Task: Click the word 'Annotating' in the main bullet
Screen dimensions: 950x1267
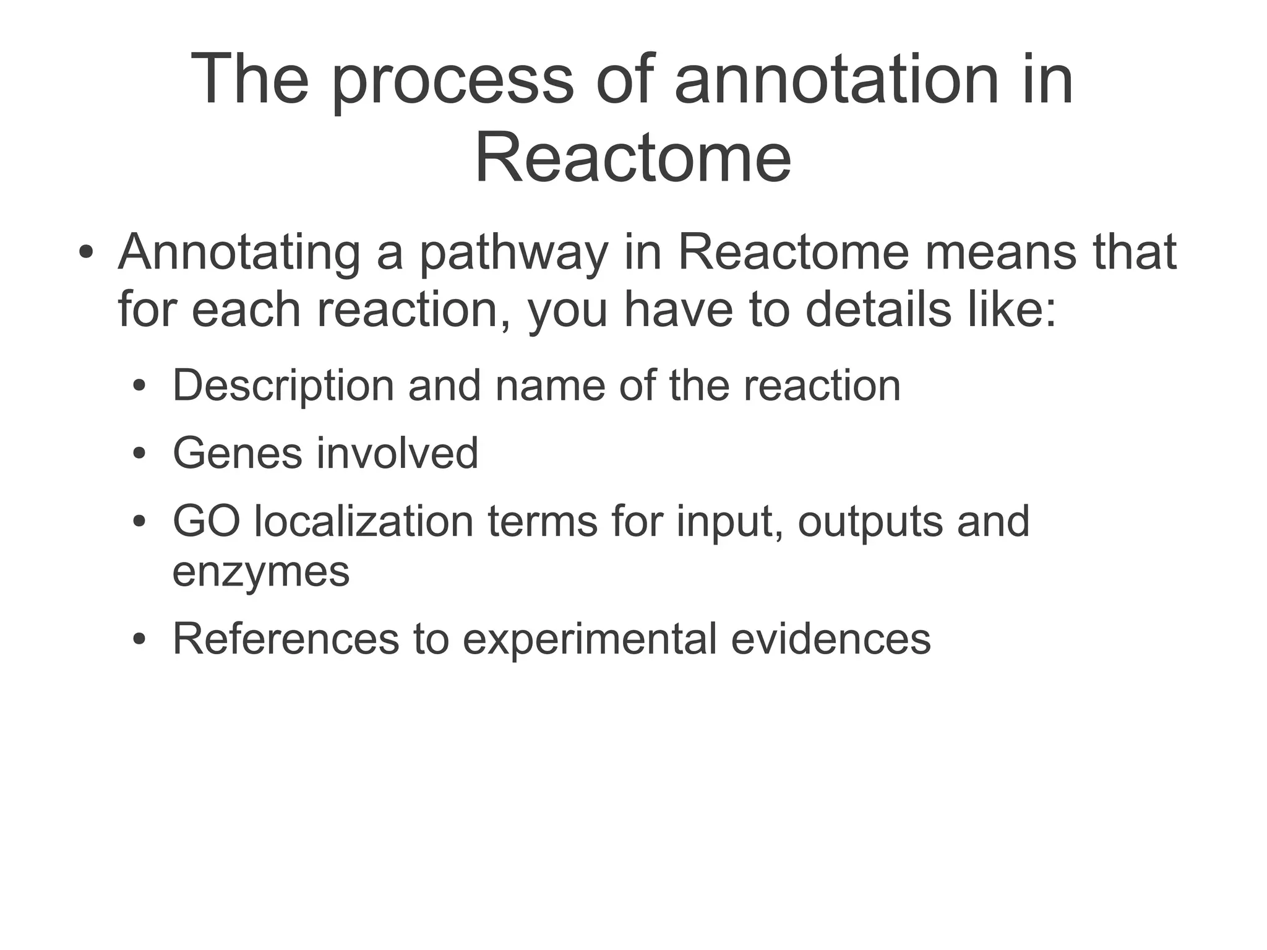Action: tap(239, 254)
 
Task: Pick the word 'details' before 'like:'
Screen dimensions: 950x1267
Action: tap(878, 309)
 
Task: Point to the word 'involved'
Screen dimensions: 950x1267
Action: tap(397, 454)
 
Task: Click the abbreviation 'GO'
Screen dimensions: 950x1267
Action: tap(206, 522)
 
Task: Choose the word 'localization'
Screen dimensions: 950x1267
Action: tap(364, 522)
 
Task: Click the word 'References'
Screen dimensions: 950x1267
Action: tap(285, 639)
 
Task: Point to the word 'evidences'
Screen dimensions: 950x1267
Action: tap(830, 639)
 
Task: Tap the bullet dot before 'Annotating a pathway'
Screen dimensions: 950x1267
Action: tap(86, 254)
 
